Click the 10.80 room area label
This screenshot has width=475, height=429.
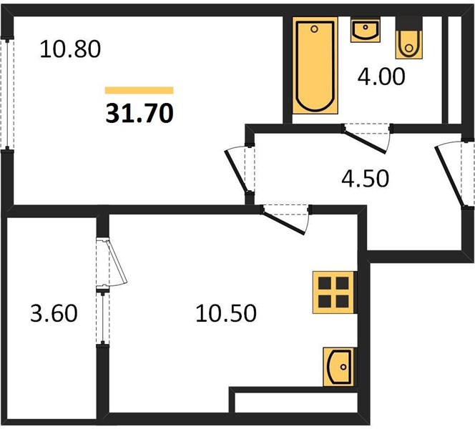pyautogui.click(x=70, y=49)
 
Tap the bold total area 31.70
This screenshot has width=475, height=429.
pyautogui.click(x=139, y=113)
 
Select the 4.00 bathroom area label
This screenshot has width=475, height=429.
pyautogui.click(x=381, y=77)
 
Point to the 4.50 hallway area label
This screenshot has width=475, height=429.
pyautogui.click(x=365, y=178)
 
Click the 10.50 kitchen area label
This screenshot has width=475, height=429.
pyautogui.click(x=226, y=313)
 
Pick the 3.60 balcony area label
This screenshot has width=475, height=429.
pyautogui.click(x=54, y=313)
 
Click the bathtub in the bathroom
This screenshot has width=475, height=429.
pyautogui.click(x=315, y=65)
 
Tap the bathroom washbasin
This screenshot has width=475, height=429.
pyautogui.click(x=366, y=30)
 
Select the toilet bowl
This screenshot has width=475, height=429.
pyautogui.click(x=408, y=44)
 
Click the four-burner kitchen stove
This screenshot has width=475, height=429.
pyautogui.click(x=333, y=292)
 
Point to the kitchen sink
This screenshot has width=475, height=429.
pyautogui.click(x=338, y=367)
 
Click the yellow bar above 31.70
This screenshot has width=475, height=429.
pyautogui.click(x=139, y=90)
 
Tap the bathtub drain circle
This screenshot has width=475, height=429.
pyautogui.click(x=315, y=29)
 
